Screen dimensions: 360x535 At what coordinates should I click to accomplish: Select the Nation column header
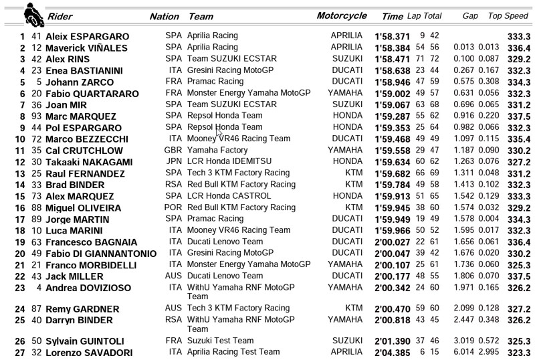[x=164, y=16]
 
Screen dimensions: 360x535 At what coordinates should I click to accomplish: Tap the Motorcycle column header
[x=342, y=15]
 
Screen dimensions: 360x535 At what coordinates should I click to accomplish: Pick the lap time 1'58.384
[x=393, y=48]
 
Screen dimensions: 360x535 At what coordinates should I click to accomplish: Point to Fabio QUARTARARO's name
[x=92, y=93]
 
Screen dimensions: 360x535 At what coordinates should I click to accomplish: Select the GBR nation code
[x=172, y=151]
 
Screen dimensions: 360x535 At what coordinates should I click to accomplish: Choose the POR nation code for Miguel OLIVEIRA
[x=172, y=208]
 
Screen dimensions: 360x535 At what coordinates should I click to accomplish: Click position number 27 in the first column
[x=19, y=353]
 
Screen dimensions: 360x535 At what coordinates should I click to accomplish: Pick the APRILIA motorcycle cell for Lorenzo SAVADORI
[x=346, y=353]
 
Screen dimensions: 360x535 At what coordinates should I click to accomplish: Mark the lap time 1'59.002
[x=393, y=93]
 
